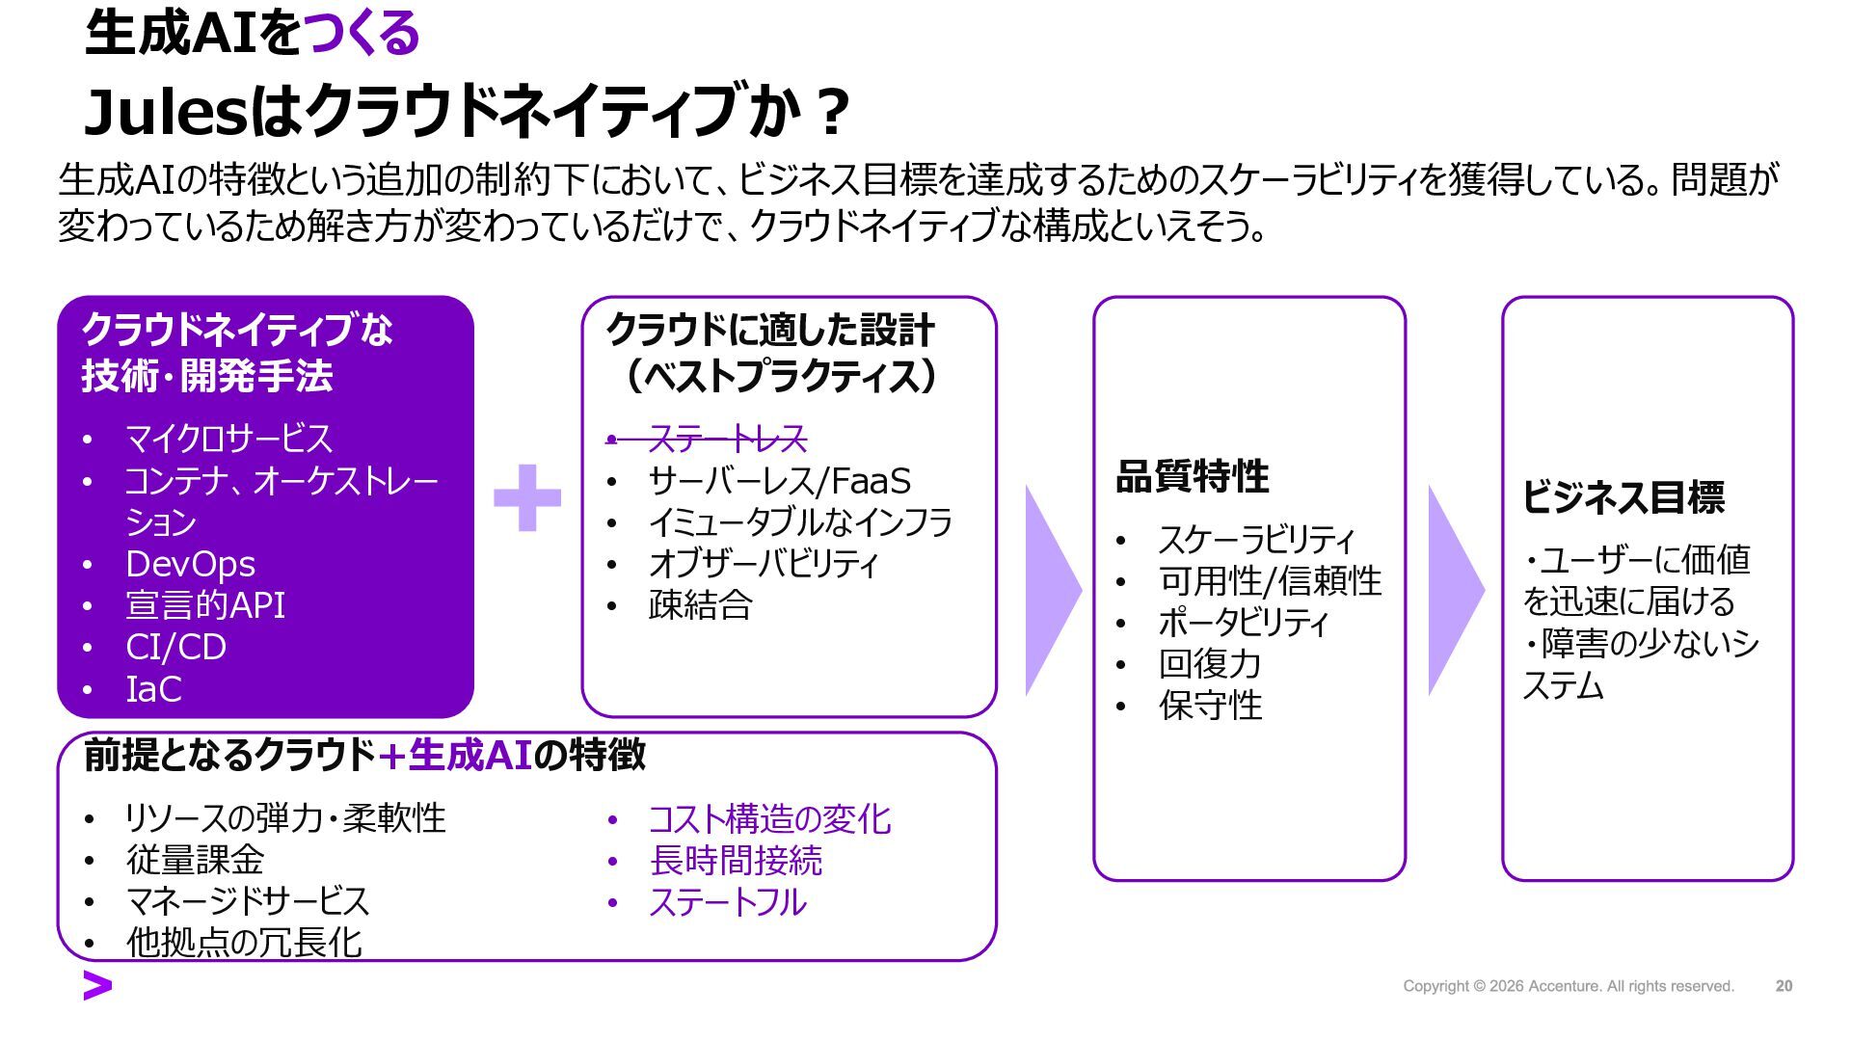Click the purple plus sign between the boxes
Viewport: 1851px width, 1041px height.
click(526, 497)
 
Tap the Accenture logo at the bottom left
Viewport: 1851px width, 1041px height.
click(97, 986)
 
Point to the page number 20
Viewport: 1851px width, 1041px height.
click(1784, 986)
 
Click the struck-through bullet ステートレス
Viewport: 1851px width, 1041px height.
click(727, 440)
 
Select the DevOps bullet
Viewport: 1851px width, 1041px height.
click(190, 564)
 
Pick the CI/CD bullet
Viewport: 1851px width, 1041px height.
click(175, 647)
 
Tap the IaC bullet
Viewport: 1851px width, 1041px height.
click(153, 689)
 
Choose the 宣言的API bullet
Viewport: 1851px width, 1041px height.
click(205, 605)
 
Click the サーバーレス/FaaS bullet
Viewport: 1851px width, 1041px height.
click(779, 481)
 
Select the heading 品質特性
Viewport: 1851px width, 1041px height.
click(1192, 476)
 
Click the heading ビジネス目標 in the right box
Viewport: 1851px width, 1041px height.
click(1623, 497)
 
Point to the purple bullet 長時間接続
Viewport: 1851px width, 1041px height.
click(736, 861)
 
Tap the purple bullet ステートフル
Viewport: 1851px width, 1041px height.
click(727, 902)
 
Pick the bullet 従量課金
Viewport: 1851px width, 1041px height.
click(195, 860)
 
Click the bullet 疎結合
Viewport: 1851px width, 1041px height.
click(700, 605)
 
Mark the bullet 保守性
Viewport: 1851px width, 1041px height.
click(1210, 706)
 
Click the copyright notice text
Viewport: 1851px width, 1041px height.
click(1568, 986)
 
